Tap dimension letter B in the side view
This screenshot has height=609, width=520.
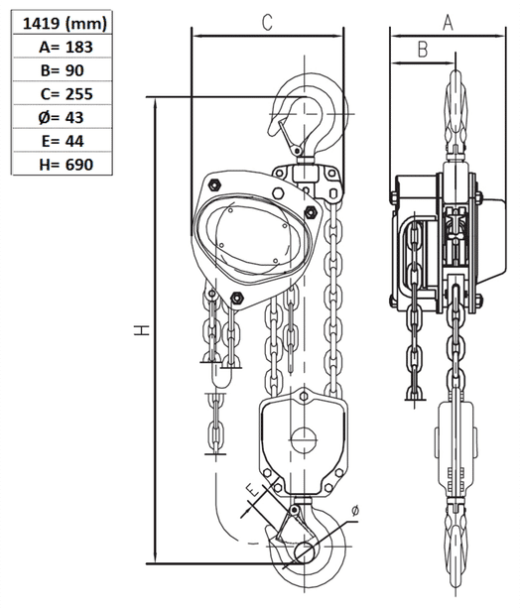[422, 48]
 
